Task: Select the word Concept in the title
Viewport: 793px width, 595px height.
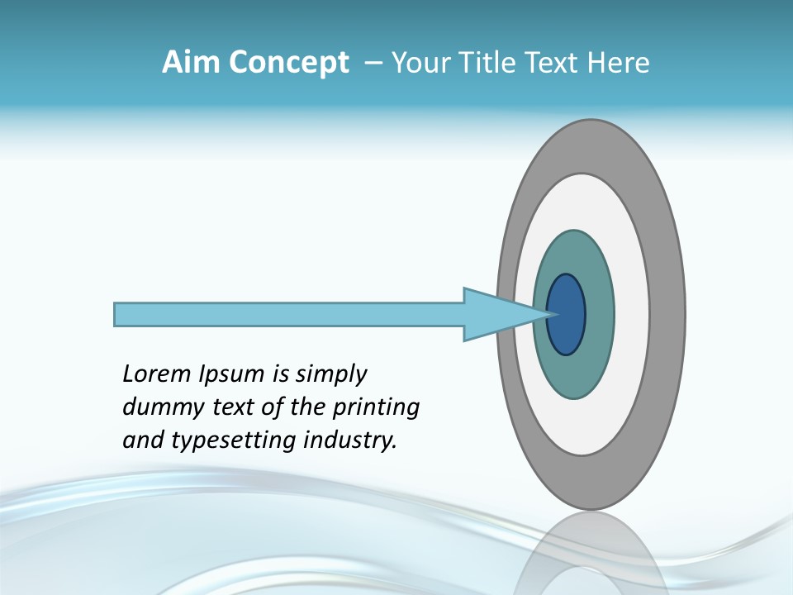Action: click(288, 62)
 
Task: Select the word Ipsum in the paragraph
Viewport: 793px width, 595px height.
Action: click(233, 375)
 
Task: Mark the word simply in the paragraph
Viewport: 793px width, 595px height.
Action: click(330, 375)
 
